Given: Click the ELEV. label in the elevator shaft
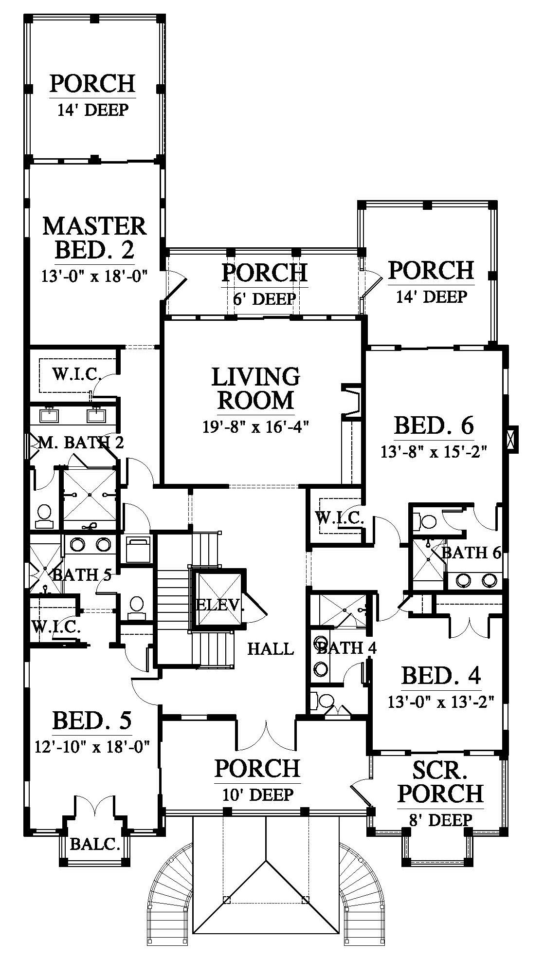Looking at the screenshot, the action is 219,605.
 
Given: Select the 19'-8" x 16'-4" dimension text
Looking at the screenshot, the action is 256,427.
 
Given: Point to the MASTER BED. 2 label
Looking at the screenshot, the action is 94,238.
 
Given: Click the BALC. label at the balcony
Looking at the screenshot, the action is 95,844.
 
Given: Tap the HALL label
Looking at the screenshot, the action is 271,648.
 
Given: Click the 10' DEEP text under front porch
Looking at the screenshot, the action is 257,794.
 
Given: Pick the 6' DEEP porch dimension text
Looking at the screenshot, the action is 265,298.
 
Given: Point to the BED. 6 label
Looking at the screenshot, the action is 434,425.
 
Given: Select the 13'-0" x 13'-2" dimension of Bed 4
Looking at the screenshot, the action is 441,701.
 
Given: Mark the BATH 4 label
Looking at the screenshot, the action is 347,647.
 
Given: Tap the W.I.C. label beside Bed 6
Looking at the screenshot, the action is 340,518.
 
